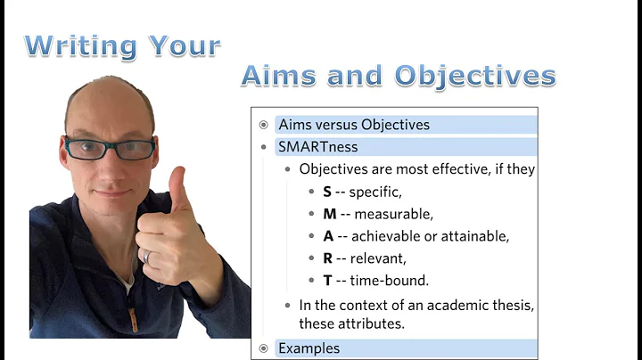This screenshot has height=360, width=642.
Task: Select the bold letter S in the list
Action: [x=327, y=191]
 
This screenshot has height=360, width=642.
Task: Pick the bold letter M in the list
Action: [x=329, y=213]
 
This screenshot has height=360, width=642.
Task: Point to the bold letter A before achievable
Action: [x=328, y=235]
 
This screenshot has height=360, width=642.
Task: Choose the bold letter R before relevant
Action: [x=327, y=258]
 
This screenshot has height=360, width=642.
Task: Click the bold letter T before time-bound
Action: [x=327, y=280]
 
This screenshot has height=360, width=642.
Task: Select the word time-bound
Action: [x=390, y=280]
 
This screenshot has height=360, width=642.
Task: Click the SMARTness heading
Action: [x=317, y=146]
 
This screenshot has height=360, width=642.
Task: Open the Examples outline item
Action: [x=309, y=348]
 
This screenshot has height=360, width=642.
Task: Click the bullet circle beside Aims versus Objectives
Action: [x=263, y=125]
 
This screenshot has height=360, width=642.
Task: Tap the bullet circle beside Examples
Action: [x=263, y=348]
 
